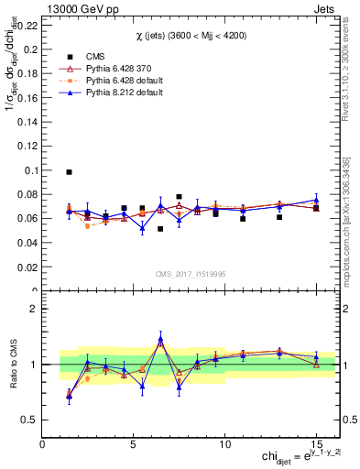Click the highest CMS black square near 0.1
pos(69,171)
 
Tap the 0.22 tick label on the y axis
pos(27,26)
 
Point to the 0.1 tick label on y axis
pos(30,170)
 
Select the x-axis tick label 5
pos(134,442)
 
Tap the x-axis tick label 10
pos(224,442)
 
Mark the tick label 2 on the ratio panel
pos(35,309)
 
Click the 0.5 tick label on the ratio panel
pos(29,420)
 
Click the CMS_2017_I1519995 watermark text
pos(191,271)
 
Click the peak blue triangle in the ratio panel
pos(160,339)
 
